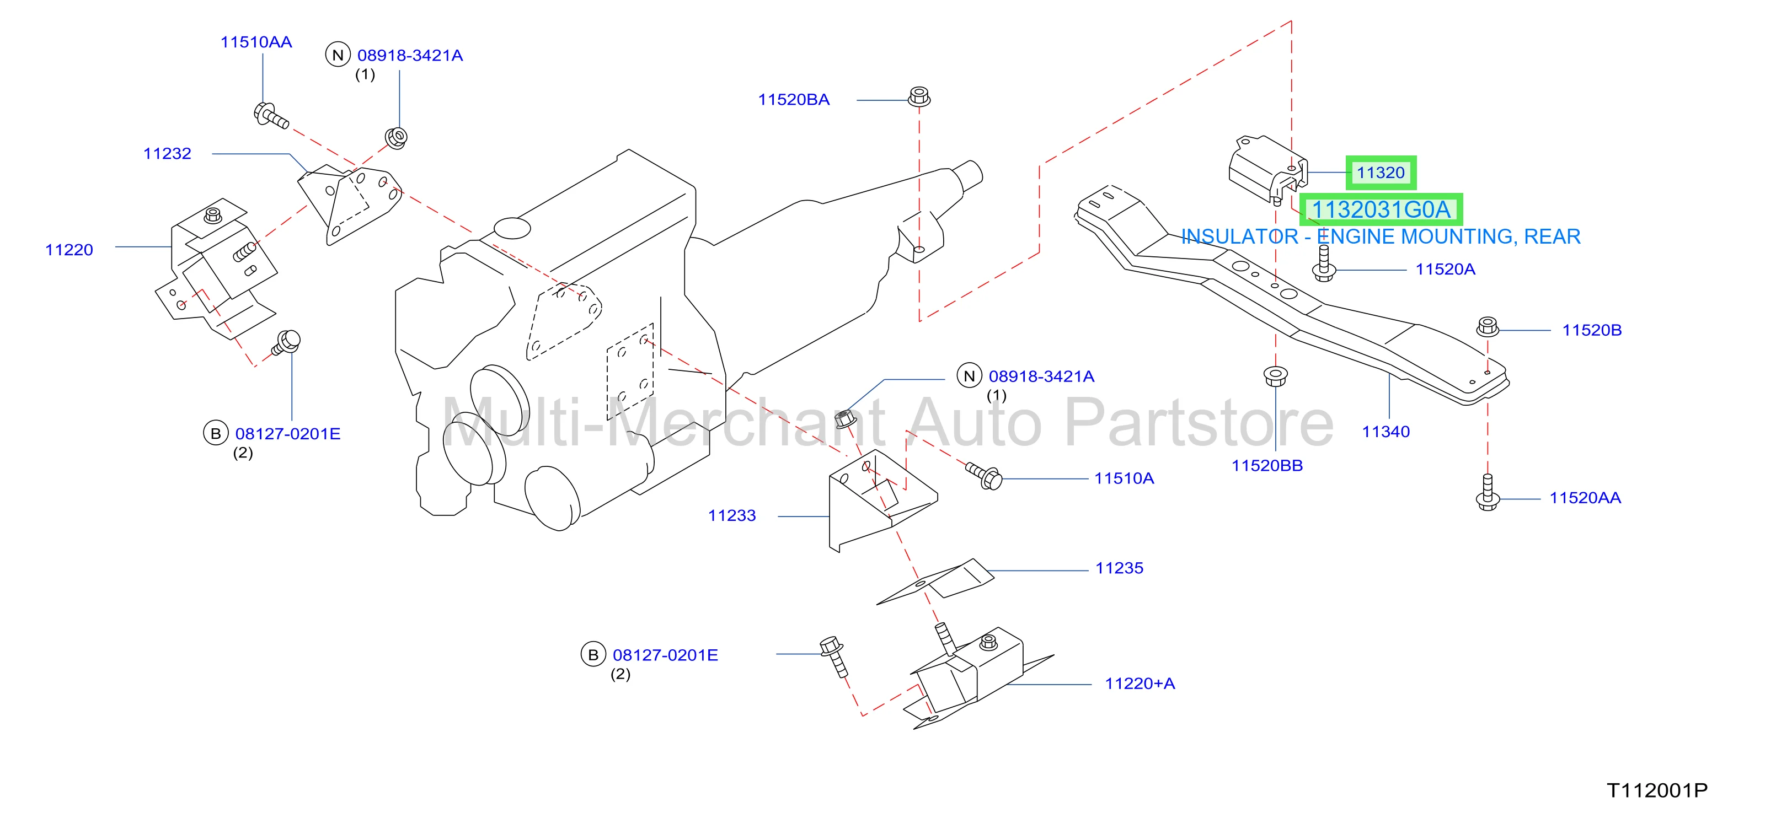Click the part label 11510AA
[x=256, y=42]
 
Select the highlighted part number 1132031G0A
[x=1381, y=209]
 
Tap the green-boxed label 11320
[x=1381, y=173]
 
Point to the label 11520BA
[x=794, y=100]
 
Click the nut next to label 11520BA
[x=919, y=96]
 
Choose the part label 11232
[x=168, y=154]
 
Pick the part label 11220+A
[x=1140, y=684]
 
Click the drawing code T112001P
[x=1657, y=790]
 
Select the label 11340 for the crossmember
[x=1386, y=432]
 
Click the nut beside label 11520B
[x=1488, y=327]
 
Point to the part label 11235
[x=1119, y=568]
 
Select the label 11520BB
[x=1267, y=466]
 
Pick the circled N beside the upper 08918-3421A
[x=338, y=55]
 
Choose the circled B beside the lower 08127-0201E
[x=593, y=655]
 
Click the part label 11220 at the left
[x=69, y=250]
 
